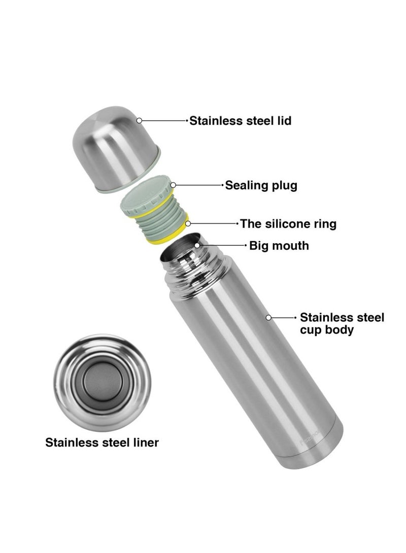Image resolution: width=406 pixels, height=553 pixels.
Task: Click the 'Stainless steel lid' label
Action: click(x=241, y=121)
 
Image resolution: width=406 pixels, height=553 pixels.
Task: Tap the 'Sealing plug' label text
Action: click(x=261, y=185)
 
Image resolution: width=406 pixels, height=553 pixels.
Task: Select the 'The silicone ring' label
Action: click(x=288, y=224)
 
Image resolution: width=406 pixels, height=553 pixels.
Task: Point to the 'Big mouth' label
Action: click(x=279, y=245)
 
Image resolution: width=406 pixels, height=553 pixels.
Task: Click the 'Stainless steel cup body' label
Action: click(x=342, y=323)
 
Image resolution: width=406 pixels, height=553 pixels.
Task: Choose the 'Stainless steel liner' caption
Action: click(x=102, y=443)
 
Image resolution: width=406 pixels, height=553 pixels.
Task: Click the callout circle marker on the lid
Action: click(x=139, y=121)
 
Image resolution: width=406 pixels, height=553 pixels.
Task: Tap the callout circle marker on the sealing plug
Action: click(x=174, y=185)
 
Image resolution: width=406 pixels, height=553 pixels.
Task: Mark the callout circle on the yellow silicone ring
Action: click(x=188, y=223)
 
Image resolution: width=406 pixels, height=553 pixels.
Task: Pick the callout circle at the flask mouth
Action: click(x=197, y=245)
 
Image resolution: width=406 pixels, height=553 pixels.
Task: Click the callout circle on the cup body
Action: click(x=268, y=318)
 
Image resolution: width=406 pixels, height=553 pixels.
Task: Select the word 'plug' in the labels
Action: click(x=284, y=186)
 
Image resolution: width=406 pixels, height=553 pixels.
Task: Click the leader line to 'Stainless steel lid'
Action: click(x=164, y=121)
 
